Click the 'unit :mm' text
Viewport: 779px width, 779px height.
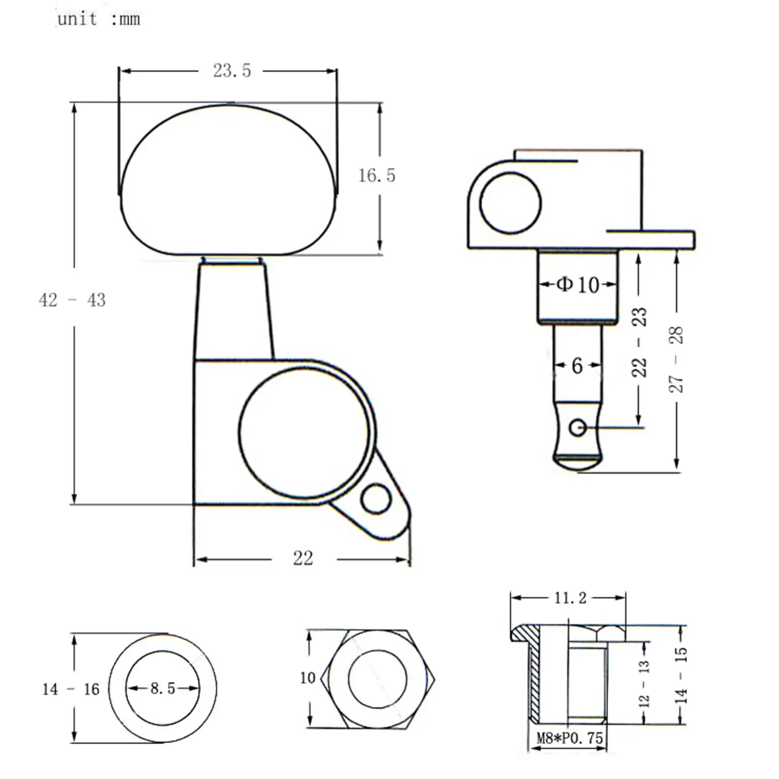click(99, 19)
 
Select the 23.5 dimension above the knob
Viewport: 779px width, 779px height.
click(232, 71)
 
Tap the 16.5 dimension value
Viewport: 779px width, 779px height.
click(377, 175)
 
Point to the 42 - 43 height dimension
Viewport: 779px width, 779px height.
click(72, 300)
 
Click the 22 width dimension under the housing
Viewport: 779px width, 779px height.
click(303, 558)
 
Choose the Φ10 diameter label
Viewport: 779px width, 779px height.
click(578, 284)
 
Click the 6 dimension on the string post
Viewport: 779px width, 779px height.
click(577, 365)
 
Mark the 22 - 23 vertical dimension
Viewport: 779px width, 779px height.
click(639, 342)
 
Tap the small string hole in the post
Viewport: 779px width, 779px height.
click(578, 428)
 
